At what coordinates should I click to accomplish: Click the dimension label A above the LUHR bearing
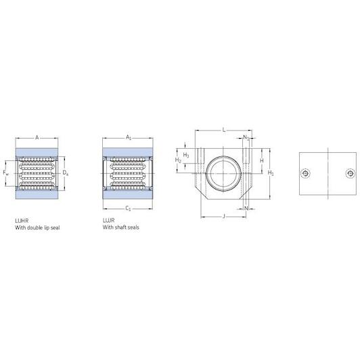coord(37,138)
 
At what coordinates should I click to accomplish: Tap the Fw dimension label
coord(6,173)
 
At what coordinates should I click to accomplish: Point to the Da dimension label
coord(66,173)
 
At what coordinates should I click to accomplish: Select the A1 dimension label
coord(129,137)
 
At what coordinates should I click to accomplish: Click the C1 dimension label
coord(128,208)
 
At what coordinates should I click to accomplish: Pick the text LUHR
coord(22,221)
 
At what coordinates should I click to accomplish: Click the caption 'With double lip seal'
coord(37,228)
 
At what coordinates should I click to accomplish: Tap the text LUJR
coord(108,221)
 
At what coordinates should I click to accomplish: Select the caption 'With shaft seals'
coord(121,227)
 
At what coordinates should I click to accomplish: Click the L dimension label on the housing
coord(224,130)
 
